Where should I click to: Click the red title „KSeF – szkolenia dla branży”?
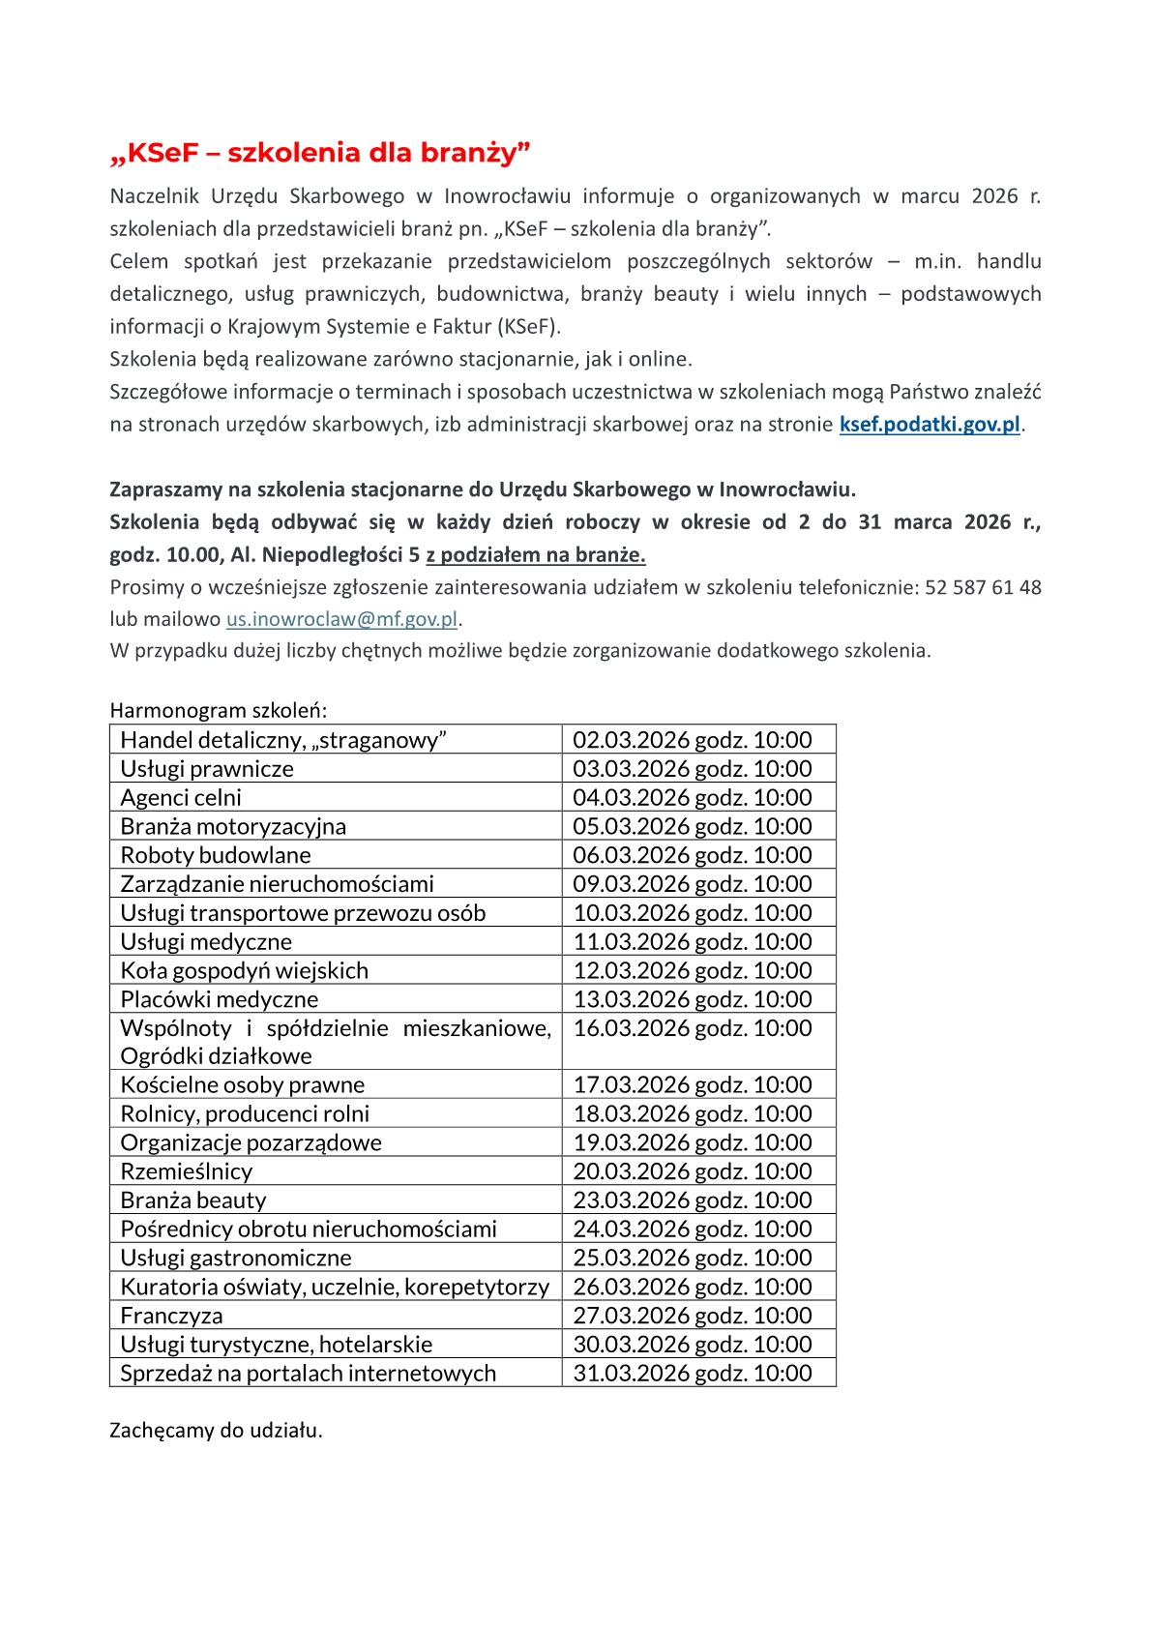(x=320, y=153)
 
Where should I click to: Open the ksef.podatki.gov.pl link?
(x=930, y=424)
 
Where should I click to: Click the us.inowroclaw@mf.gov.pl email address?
(x=341, y=619)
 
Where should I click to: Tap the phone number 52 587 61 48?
(x=983, y=587)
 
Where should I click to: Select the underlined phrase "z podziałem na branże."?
(x=535, y=554)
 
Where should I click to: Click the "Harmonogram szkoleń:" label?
(x=219, y=710)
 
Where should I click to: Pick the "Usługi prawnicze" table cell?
(x=207, y=769)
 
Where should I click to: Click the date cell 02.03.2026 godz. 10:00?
(x=693, y=740)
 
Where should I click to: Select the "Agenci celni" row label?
(x=181, y=798)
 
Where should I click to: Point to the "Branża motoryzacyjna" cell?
(x=233, y=827)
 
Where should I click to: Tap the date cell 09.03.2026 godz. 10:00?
(x=693, y=884)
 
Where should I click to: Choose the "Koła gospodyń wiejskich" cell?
(x=245, y=970)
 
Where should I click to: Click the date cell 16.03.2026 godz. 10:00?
(x=693, y=1028)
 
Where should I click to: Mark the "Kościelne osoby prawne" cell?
(x=243, y=1085)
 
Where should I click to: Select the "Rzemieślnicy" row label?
(x=187, y=1171)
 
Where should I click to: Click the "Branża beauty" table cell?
(x=193, y=1200)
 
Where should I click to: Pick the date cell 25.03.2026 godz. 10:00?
(x=693, y=1258)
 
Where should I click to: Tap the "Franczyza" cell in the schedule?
(x=171, y=1316)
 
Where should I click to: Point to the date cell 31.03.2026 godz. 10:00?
(x=693, y=1373)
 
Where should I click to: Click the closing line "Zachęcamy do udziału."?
(x=216, y=1430)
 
